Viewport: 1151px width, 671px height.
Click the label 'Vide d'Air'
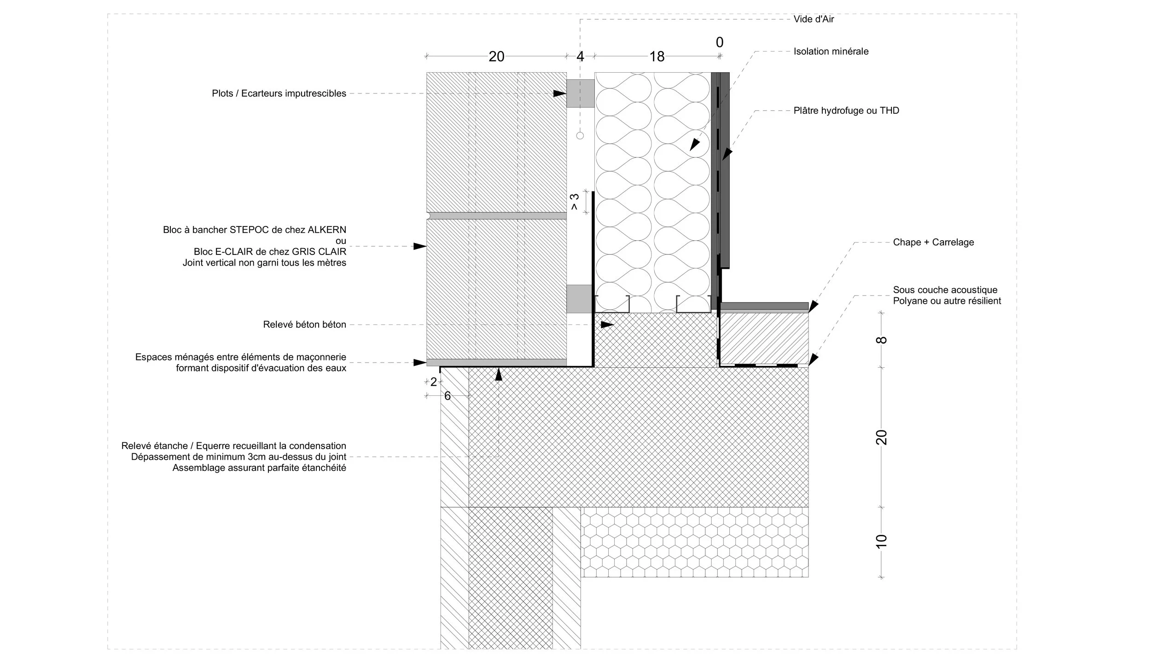click(814, 19)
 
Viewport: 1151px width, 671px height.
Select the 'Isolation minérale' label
click(831, 52)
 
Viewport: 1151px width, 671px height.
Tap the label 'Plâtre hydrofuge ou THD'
click(846, 111)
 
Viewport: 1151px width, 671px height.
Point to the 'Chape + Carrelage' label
click(933, 243)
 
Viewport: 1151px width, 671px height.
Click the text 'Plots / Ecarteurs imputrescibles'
click(279, 93)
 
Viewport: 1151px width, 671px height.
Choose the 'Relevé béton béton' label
click(304, 325)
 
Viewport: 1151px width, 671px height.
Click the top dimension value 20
click(496, 57)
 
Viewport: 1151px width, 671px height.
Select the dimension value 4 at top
click(580, 57)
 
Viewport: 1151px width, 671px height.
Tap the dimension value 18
click(657, 57)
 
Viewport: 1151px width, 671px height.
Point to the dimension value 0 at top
click(720, 42)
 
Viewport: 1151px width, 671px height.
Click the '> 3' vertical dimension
click(575, 202)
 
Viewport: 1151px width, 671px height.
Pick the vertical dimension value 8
click(881, 340)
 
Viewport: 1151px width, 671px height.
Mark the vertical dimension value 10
click(881, 542)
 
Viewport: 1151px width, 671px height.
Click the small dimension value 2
click(433, 382)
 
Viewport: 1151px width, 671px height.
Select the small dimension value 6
click(447, 396)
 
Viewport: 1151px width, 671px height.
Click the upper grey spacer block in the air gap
click(580, 93)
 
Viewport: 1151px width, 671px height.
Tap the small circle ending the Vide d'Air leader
click(580, 136)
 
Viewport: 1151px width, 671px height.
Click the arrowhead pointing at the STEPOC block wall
click(419, 247)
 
